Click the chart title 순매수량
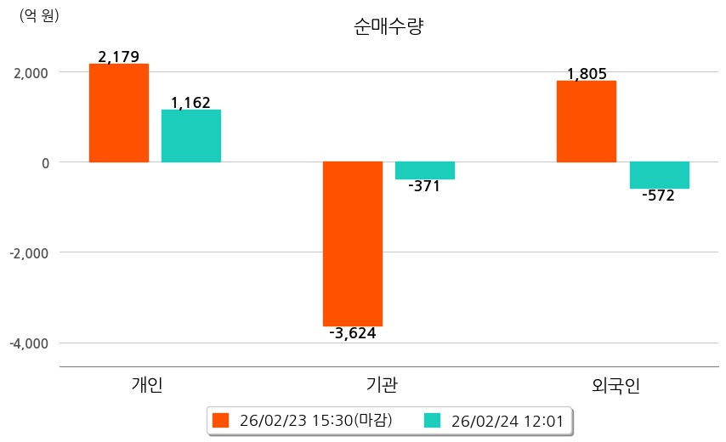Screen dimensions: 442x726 coord(388,26)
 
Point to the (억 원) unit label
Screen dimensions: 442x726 coord(39,14)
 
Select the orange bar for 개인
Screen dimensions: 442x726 coord(118,112)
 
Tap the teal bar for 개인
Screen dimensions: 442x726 coord(191,135)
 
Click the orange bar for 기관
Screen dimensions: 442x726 coord(352,243)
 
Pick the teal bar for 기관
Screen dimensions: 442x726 coord(425,170)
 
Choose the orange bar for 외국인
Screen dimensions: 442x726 coord(587,121)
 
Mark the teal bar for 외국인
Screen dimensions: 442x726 coord(659,174)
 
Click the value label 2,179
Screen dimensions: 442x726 coord(118,57)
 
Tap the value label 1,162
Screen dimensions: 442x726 coord(190,103)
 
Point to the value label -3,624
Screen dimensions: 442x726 coord(352,333)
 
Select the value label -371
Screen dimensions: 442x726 coord(424,186)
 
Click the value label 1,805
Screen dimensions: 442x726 coord(587,74)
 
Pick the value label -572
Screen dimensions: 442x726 coord(658,195)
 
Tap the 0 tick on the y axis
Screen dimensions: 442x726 coord(47,162)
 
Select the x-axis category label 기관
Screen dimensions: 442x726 coord(379,385)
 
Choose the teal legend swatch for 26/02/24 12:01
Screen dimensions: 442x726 coord(432,420)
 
